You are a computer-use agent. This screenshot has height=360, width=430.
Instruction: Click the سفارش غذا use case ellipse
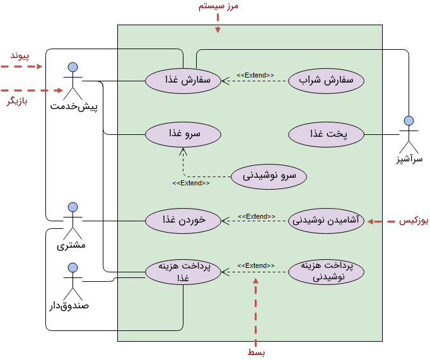pos(183,81)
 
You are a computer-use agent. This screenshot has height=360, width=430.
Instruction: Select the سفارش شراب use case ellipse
pos(326,81)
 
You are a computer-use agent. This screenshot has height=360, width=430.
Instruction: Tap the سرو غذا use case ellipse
pos(183,134)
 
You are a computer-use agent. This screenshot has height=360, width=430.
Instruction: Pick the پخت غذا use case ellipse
pos(326,134)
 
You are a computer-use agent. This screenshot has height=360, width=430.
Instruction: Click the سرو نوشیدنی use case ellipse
pos(269,176)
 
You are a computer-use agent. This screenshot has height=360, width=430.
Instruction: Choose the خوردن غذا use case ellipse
pos(183,220)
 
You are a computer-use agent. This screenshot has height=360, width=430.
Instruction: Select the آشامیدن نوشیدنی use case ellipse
pos(326,221)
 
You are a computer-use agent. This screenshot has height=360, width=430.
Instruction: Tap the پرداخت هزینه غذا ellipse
pos(183,272)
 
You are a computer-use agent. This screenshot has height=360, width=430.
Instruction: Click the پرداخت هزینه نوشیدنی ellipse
pos(326,272)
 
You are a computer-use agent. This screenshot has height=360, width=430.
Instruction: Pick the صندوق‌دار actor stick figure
pos(73,281)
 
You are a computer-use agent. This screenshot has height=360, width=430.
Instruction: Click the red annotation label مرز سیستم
pos(218,6)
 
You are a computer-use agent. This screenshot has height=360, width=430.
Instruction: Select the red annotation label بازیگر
pos(18,102)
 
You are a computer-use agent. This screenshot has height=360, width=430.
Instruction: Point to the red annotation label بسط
pos(256,352)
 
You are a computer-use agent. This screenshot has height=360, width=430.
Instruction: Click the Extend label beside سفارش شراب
pos(255,76)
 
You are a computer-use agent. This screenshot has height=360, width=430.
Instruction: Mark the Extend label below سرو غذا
pos(191,183)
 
